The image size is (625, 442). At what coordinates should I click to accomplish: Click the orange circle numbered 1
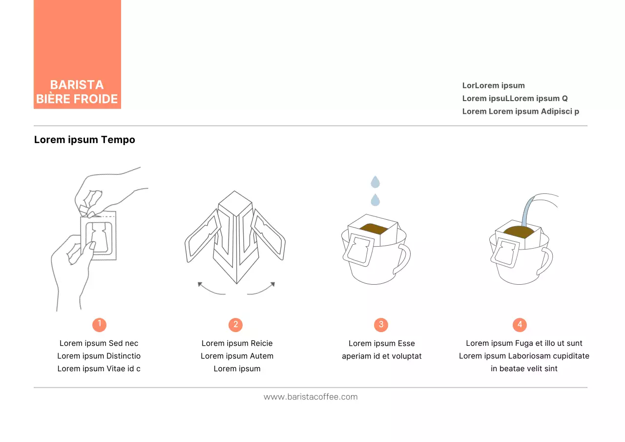pyautogui.click(x=99, y=325)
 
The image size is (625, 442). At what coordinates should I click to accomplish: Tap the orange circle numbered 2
pyautogui.click(x=235, y=325)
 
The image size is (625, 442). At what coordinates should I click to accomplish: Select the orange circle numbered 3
pyautogui.click(x=381, y=325)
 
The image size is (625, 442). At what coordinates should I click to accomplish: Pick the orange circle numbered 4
pyautogui.click(x=520, y=325)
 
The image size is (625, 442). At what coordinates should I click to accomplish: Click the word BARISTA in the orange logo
pyautogui.click(x=77, y=85)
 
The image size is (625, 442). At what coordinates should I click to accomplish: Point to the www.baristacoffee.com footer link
pyautogui.click(x=311, y=397)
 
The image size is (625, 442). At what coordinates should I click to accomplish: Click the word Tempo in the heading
pyautogui.click(x=118, y=140)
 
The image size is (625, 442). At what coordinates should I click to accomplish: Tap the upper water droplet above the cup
pyautogui.click(x=375, y=182)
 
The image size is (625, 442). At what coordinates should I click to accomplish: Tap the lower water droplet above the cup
pyautogui.click(x=375, y=200)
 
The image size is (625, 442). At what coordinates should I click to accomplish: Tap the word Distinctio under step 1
pyautogui.click(x=123, y=356)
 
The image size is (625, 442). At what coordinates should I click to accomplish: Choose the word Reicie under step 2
pyautogui.click(x=261, y=343)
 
